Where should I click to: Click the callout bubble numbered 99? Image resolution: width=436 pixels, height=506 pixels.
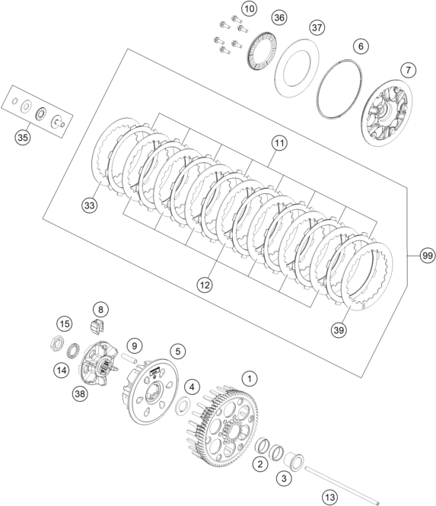click(x=428, y=256)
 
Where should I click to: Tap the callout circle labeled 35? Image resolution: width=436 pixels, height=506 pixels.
click(x=23, y=138)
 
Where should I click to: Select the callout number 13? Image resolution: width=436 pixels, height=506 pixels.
click(x=329, y=496)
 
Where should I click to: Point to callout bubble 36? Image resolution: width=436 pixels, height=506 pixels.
click(x=279, y=18)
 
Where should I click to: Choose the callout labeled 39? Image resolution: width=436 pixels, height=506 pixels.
click(x=339, y=330)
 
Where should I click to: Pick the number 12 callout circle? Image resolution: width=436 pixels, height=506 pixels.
click(x=205, y=285)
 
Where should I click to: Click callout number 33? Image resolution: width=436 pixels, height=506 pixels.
click(x=89, y=205)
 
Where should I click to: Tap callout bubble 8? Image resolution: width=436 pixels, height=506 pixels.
click(x=100, y=310)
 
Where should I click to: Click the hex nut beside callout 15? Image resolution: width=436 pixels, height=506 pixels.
click(x=57, y=344)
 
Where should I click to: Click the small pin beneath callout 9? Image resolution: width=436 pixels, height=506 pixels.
click(x=129, y=358)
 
